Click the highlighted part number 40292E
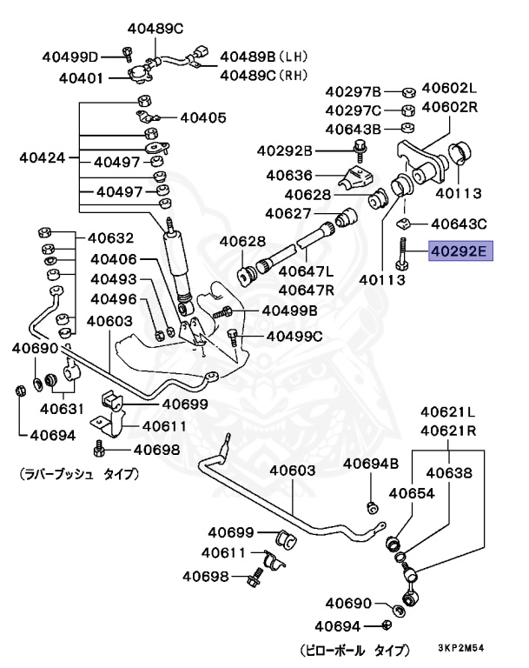click(461, 252)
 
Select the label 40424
click(43, 159)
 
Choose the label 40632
click(110, 237)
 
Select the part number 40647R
click(308, 289)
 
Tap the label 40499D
click(70, 57)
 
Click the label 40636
click(290, 174)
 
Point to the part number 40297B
click(354, 91)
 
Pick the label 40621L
click(449, 411)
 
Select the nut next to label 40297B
click(406, 90)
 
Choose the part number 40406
click(113, 258)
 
